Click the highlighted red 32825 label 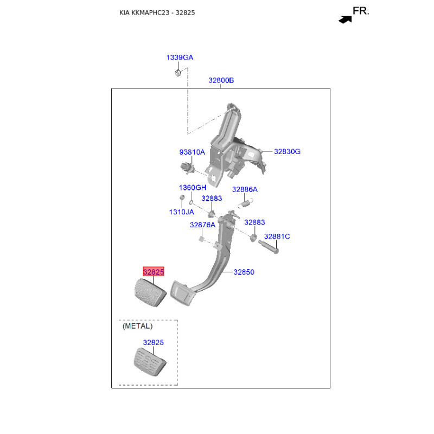pyautogui.click(x=154, y=272)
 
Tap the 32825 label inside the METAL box pyautogui.click(x=154, y=342)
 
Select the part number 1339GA pyautogui.click(x=180, y=58)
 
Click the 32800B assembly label pyautogui.click(x=221, y=80)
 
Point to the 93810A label pyautogui.click(x=192, y=152)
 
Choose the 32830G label pyautogui.click(x=287, y=151)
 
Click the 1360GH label pyautogui.click(x=193, y=188)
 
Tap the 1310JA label pyautogui.click(x=182, y=212)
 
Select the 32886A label pyautogui.click(x=245, y=189)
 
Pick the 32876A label pyautogui.click(x=202, y=225)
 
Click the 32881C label pyautogui.click(x=277, y=237)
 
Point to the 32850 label pyautogui.click(x=244, y=272)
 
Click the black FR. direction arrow pyautogui.click(x=345, y=20)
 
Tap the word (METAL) pyautogui.click(x=138, y=326)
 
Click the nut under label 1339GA pyautogui.click(x=178, y=73)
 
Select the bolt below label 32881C pyautogui.click(x=269, y=247)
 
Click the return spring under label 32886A pyautogui.click(x=246, y=203)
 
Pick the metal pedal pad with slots pyautogui.click(x=150, y=362)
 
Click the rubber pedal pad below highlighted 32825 pyautogui.click(x=150, y=292)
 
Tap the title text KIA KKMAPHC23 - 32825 pyautogui.click(x=157, y=12)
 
